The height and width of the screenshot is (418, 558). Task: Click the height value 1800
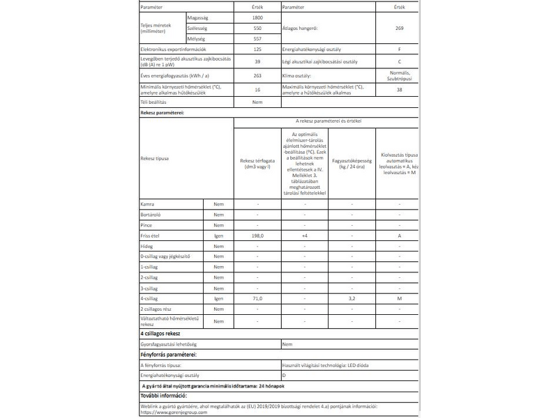(x=257, y=15)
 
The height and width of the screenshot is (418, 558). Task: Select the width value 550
(x=257, y=27)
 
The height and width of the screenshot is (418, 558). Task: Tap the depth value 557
(x=257, y=39)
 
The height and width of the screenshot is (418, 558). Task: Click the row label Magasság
(x=199, y=15)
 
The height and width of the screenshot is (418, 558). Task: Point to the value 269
(x=400, y=27)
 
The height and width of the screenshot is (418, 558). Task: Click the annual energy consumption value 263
(x=257, y=75)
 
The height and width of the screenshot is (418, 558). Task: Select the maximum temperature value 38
(x=400, y=90)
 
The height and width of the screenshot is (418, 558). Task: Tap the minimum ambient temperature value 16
(x=257, y=90)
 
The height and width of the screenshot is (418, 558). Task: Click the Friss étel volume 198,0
(x=257, y=237)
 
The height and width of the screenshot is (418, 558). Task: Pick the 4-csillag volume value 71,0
(x=257, y=298)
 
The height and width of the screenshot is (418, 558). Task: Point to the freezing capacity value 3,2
(x=352, y=298)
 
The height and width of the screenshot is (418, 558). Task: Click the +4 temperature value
(x=305, y=237)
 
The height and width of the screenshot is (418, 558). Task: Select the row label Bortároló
(x=151, y=215)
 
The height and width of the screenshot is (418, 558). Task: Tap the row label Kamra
(x=147, y=204)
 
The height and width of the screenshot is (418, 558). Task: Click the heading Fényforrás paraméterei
(x=168, y=355)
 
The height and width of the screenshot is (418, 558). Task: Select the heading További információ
(x=164, y=396)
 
